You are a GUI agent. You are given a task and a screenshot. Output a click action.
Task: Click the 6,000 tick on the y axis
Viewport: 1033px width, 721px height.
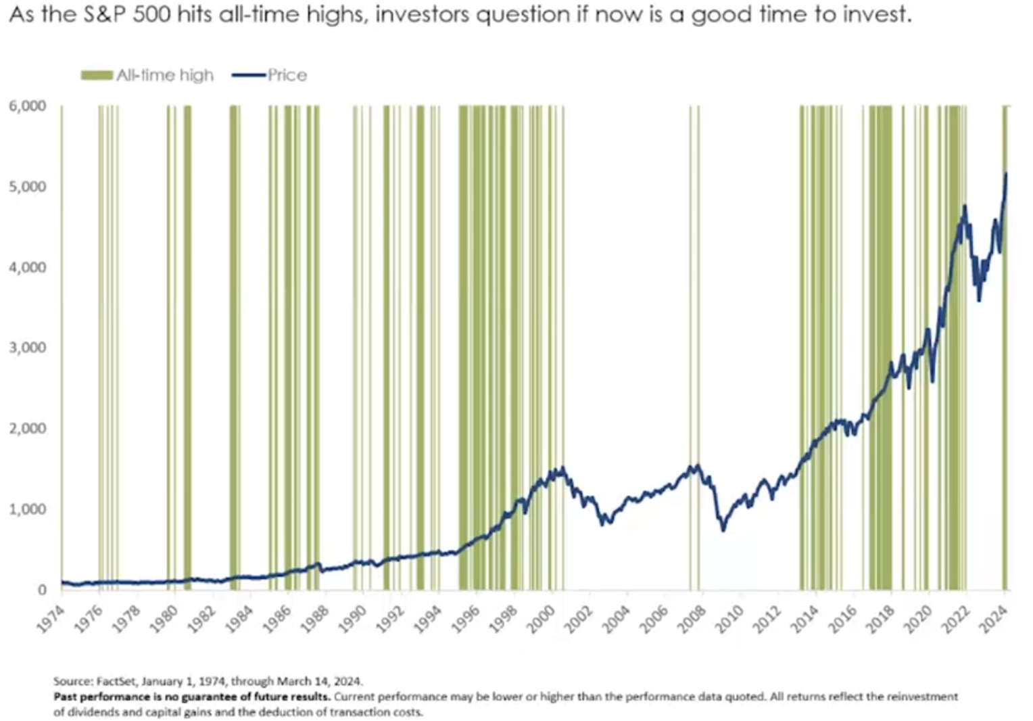coord(28,106)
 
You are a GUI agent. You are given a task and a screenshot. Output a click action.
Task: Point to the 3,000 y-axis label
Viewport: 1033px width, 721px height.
coord(28,348)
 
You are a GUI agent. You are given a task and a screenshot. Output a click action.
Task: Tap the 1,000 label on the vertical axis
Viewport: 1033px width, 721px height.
coord(28,509)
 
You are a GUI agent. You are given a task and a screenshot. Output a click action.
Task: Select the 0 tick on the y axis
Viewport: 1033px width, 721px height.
coord(42,590)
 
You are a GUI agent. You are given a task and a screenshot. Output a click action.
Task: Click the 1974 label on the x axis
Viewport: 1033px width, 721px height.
coord(51,618)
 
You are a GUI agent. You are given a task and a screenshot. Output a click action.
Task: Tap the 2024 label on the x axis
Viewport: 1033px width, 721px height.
coord(994,618)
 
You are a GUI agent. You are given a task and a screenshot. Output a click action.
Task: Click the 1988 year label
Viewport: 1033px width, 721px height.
coord(315,618)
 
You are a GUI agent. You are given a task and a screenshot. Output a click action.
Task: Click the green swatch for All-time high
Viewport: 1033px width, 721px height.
coord(96,75)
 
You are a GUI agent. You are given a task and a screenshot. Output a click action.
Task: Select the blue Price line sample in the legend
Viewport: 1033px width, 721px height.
coord(248,75)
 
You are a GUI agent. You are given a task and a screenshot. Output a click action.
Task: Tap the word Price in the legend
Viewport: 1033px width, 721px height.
coord(287,75)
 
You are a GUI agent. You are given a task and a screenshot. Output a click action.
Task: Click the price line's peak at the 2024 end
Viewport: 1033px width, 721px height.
coord(1006,175)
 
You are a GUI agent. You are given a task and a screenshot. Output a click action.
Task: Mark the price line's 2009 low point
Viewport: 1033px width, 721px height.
coord(723,530)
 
